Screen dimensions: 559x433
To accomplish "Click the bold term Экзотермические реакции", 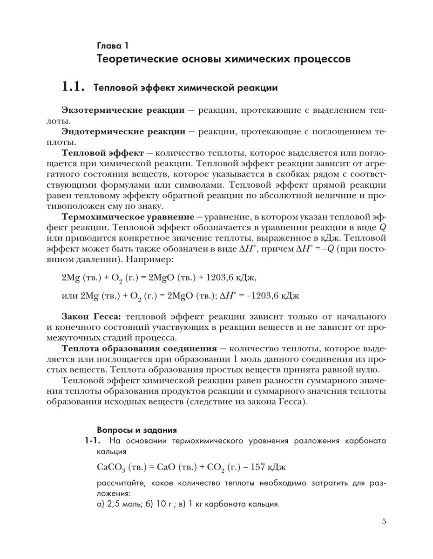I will pos(123,111).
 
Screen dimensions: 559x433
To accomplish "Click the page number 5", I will pos(384,522).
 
